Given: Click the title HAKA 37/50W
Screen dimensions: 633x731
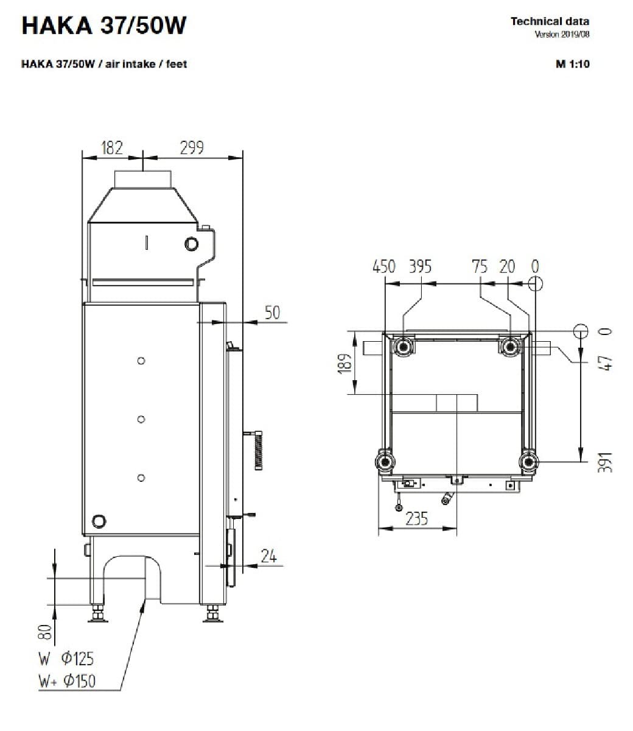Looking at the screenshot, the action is pos(104,26).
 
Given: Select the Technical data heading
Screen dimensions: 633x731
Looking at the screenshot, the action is pos(550,21).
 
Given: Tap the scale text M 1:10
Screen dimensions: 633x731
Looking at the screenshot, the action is pos(573,64).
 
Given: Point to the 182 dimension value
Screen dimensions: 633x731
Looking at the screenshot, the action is pos(112,148).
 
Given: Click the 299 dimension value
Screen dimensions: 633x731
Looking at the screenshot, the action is pos(192,148).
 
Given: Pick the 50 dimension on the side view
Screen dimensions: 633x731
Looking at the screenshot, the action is pos(272,313).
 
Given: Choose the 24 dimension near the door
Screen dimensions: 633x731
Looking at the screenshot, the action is pos(268,556).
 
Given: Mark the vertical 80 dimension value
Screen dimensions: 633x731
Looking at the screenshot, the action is pos(45,632).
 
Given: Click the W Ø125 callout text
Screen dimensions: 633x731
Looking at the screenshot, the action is pos(66,659).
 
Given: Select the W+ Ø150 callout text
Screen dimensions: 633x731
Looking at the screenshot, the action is pos(67,681).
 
